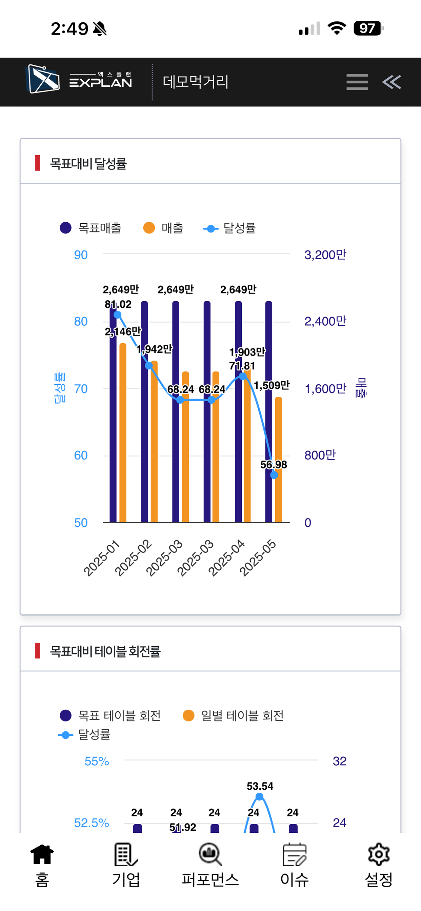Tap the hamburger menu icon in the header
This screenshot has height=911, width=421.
pyautogui.click(x=357, y=82)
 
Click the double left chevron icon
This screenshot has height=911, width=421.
pyautogui.click(x=392, y=82)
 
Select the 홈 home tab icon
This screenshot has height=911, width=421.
pyautogui.click(x=42, y=854)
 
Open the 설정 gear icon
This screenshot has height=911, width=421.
pyautogui.click(x=379, y=854)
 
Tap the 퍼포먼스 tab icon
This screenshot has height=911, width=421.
pyautogui.click(x=210, y=854)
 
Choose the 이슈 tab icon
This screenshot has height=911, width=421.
pyautogui.click(x=295, y=854)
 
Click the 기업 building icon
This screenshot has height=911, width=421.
pyautogui.click(x=126, y=854)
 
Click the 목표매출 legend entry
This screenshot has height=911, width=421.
pyautogui.click(x=91, y=228)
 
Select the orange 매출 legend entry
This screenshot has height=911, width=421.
pyautogui.click(x=163, y=228)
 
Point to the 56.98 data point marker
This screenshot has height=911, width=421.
pyautogui.click(x=274, y=475)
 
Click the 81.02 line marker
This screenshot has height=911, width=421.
pyautogui.click(x=118, y=315)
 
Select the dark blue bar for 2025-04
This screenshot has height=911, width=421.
pyautogui.click(x=238, y=412)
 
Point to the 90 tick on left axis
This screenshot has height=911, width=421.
pyautogui.click(x=81, y=255)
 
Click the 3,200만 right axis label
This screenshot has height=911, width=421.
pyautogui.click(x=325, y=255)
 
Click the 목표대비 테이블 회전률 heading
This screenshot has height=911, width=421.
pyautogui.click(x=105, y=651)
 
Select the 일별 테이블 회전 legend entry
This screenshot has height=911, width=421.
pyautogui.click(x=233, y=715)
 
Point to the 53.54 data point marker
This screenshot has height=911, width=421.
pyautogui.click(x=259, y=796)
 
